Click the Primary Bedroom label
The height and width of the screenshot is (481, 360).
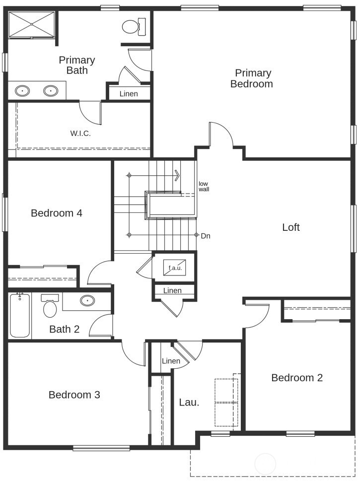(252, 78)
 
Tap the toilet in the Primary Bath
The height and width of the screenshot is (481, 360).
(134, 27)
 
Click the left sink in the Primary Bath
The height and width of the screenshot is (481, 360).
(22, 91)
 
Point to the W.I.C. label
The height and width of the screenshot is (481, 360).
(80, 134)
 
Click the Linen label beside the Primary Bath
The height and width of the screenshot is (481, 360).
(129, 93)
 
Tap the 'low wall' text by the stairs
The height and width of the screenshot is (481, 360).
(204, 187)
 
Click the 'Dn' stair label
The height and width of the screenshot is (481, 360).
(206, 236)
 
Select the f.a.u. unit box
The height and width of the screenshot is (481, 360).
(175, 268)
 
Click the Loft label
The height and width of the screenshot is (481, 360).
(291, 227)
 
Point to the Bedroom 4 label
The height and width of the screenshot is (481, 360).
(57, 213)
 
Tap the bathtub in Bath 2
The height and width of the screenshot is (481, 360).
(20, 315)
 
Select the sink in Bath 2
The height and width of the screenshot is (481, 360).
(87, 300)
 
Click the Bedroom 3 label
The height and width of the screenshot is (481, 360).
(74, 395)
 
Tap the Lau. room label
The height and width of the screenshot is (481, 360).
(189, 402)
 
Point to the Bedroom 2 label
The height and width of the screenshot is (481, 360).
(297, 378)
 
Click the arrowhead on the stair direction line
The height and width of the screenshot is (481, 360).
(177, 175)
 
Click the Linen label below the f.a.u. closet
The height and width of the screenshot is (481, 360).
(172, 290)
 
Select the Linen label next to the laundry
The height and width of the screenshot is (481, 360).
(171, 361)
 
